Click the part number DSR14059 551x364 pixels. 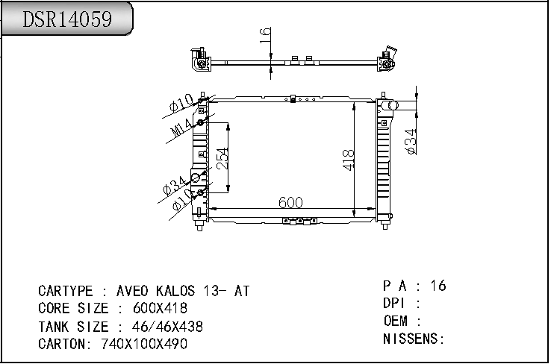[x=67, y=19]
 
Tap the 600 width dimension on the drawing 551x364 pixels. [x=290, y=202]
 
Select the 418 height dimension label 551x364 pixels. [x=348, y=160]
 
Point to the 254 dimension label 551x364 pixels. [x=222, y=158]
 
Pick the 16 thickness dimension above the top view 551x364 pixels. [x=265, y=36]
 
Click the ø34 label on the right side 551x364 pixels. [x=411, y=142]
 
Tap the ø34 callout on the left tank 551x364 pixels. [x=175, y=185]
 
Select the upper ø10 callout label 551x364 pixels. [x=181, y=102]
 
